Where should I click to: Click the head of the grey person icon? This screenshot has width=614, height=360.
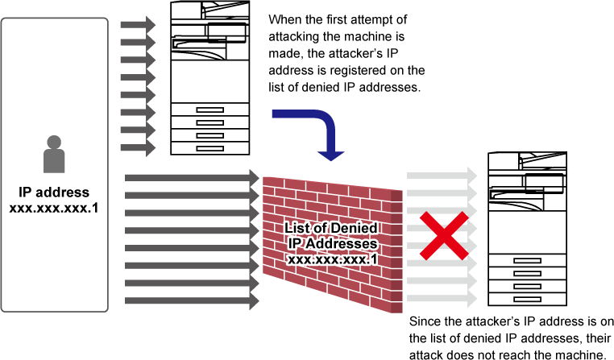point(54,143)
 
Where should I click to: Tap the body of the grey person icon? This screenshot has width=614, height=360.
point(54,161)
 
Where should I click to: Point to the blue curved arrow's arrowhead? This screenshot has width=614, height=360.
point(330,155)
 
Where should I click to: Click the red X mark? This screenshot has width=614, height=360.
point(443,236)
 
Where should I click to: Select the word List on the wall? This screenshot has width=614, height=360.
point(299,229)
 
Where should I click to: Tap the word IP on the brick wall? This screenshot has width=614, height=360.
point(294,244)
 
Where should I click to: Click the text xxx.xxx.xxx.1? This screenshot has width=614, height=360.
point(331,259)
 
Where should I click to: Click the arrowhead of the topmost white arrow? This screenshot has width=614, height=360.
point(473,176)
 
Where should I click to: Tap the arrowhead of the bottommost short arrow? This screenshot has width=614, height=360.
point(151,148)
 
